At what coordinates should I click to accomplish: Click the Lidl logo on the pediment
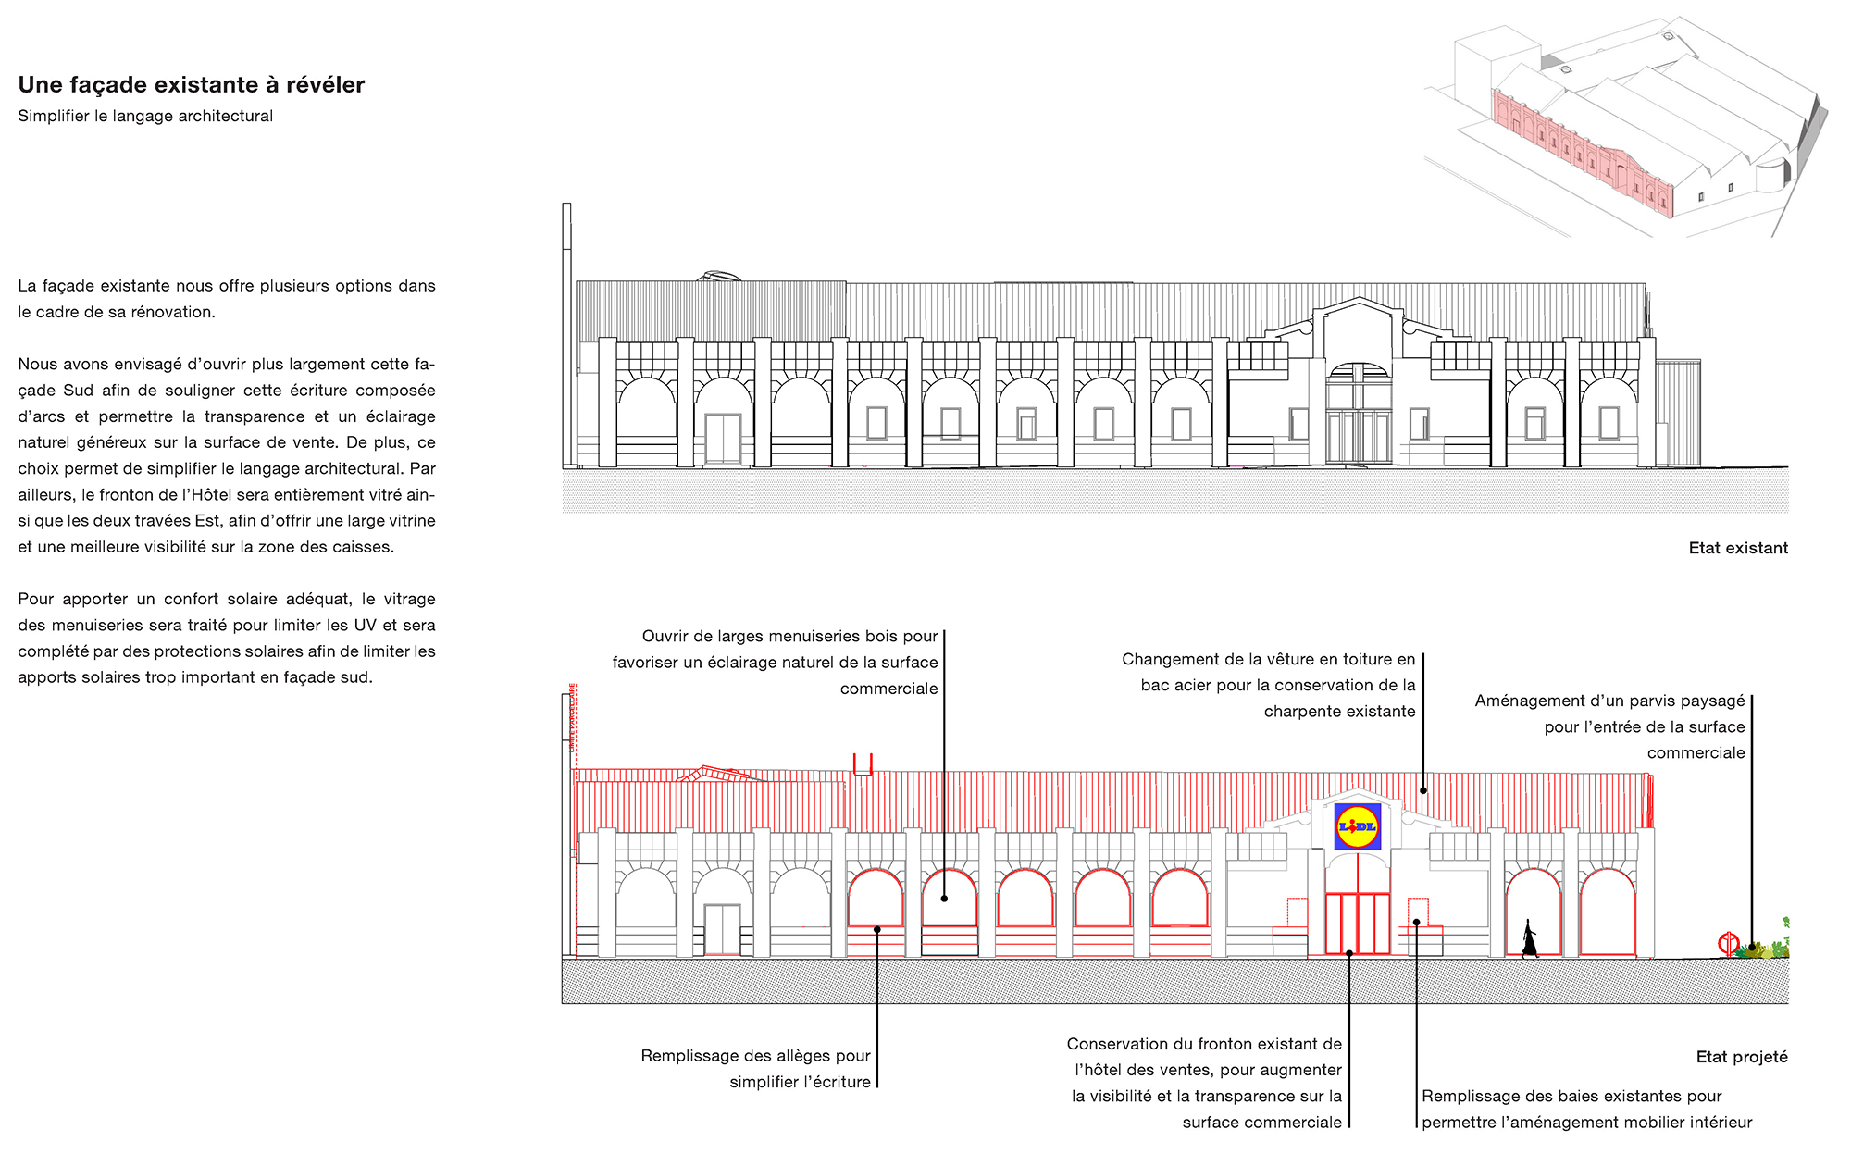[x=1358, y=826]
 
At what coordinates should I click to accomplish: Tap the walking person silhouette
[x=1530, y=938]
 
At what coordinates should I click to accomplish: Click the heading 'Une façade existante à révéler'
[x=192, y=85]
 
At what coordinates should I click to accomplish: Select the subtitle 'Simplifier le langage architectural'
[x=145, y=116]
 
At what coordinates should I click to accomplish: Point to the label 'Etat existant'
[x=1738, y=548]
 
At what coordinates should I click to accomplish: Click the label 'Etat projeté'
[x=1742, y=1057]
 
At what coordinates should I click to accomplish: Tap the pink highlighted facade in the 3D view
[x=1583, y=153]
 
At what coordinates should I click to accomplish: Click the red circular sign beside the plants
[x=1728, y=944]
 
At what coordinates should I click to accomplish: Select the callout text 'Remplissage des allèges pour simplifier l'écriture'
[x=755, y=1069]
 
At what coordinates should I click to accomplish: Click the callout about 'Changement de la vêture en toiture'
[x=1269, y=685]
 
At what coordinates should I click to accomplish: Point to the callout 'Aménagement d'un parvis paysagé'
[x=1609, y=726]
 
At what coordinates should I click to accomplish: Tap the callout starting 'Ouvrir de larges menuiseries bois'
[x=775, y=662]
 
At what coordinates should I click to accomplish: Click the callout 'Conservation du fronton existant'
[x=1204, y=1083]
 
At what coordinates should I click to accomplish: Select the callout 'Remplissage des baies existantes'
[x=1586, y=1109]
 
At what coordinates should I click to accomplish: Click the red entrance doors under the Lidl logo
[x=1358, y=923]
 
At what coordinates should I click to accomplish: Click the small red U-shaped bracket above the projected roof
[x=863, y=763]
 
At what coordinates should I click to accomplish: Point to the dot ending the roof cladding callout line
[x=1423, y=790]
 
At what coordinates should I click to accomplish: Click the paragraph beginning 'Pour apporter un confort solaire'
[x=227, y=638]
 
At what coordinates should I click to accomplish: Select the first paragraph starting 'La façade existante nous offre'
[x=227, y=299]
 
